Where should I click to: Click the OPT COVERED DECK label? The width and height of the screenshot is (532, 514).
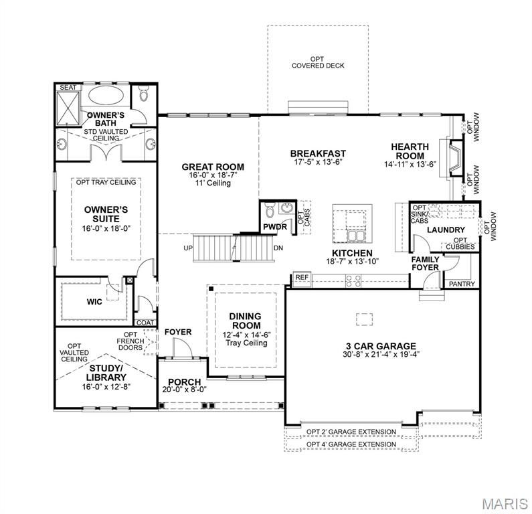(317, 62)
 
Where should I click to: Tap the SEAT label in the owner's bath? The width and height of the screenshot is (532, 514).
(67, 88)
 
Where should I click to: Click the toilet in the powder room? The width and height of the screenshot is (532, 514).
(270, 212)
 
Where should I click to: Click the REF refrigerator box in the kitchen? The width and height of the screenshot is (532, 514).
(301, 277)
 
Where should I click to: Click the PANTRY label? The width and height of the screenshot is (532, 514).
(462, 284)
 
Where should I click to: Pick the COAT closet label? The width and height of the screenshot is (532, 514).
(145, 323)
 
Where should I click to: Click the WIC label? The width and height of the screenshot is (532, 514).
(94, 302)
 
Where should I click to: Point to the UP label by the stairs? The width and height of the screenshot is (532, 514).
(188, 248)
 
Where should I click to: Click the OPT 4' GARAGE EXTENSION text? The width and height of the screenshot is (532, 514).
(351, 444)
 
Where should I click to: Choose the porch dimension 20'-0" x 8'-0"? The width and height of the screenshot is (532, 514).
(184, 390)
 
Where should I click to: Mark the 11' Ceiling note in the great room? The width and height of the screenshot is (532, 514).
(213, 183)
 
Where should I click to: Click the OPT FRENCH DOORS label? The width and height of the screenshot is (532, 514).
(130, 342)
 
